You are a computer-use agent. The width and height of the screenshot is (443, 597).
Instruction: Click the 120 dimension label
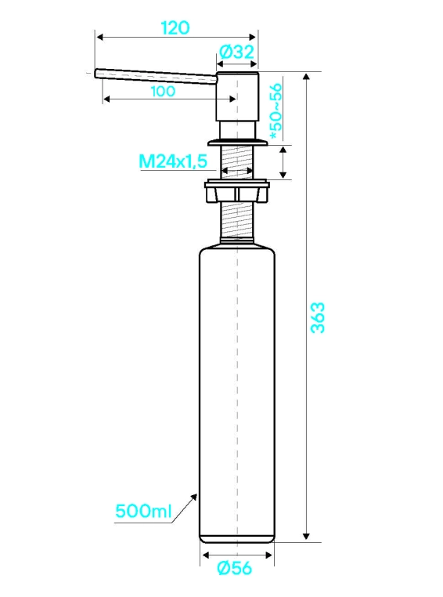click(x=175, y=27)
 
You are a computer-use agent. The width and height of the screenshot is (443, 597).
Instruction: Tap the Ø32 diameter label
click(x=236, y=52)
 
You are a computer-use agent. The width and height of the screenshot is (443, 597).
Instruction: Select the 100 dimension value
click(x=163, y=92)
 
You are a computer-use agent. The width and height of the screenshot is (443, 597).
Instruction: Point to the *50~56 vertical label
click(x=277, y=111)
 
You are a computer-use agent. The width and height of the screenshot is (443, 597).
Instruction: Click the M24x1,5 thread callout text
click(x=173, y=161)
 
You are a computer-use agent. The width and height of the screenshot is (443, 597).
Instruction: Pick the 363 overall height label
click(x=318, y=317)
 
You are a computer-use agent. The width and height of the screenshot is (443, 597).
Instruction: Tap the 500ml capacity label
click(x=144, y=511)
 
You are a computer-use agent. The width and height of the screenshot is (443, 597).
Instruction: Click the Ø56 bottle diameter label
click(x=235, y=569)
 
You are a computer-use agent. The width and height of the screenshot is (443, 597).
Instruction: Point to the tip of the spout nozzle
click(x=96, y=73)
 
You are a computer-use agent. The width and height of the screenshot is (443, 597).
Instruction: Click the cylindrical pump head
click(x=237, y=96)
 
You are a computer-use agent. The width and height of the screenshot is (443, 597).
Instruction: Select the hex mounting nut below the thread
click(x=237, y=192)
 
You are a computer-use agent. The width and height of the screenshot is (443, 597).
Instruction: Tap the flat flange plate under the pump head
click(x=237, y=143)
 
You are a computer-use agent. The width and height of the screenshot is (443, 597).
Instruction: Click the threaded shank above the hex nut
click(x=237, y=163)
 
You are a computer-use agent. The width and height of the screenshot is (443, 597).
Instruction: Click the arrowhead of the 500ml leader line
click(x=195, y=496)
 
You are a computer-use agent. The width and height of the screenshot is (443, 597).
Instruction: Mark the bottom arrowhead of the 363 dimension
click(x=307, y=537)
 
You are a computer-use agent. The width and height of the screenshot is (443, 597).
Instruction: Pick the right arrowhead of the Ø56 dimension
click(x=269, y=555)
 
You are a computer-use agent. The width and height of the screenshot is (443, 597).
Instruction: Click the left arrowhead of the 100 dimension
click(x=107, y=99)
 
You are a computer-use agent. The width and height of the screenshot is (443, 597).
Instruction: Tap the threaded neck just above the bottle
click(x=237, y=221)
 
